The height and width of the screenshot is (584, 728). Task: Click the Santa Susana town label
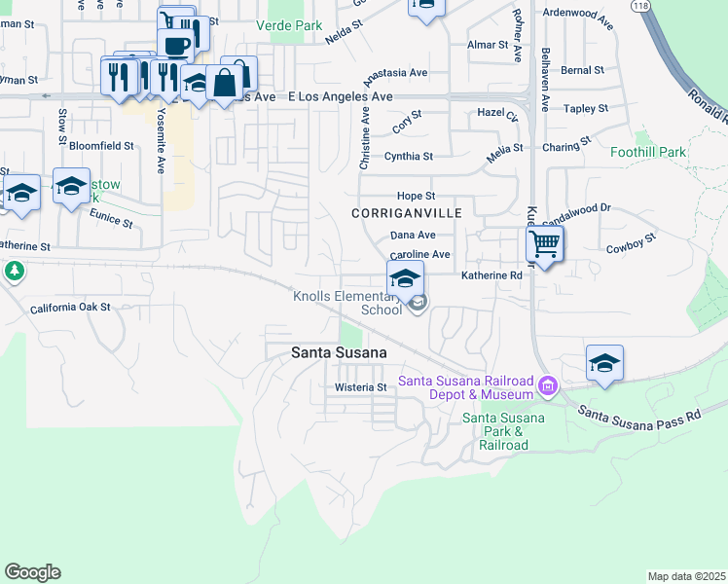pyautogui.click(x=339, y=353)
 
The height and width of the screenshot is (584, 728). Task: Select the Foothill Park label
pyautogui.click(x=647, y=153)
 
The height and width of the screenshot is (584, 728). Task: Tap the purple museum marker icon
pyautogui.click(x=547, y=387)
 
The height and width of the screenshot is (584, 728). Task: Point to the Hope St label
pyautogui.click(x=415, y=196)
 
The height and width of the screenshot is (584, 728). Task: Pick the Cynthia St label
pyautogui.click(x=408, y=156)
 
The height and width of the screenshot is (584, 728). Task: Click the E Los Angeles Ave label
pyautogui.click(x=341, y=97)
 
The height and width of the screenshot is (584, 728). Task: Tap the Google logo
pyautogui.click(x=32, y=572)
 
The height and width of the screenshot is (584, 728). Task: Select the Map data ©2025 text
pyautogui.click(x=686, y=576)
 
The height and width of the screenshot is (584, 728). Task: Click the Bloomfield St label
pyautogui.click(x=101, y=146)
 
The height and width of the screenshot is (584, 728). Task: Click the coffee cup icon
pyautogui.click(x=176, y=45)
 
